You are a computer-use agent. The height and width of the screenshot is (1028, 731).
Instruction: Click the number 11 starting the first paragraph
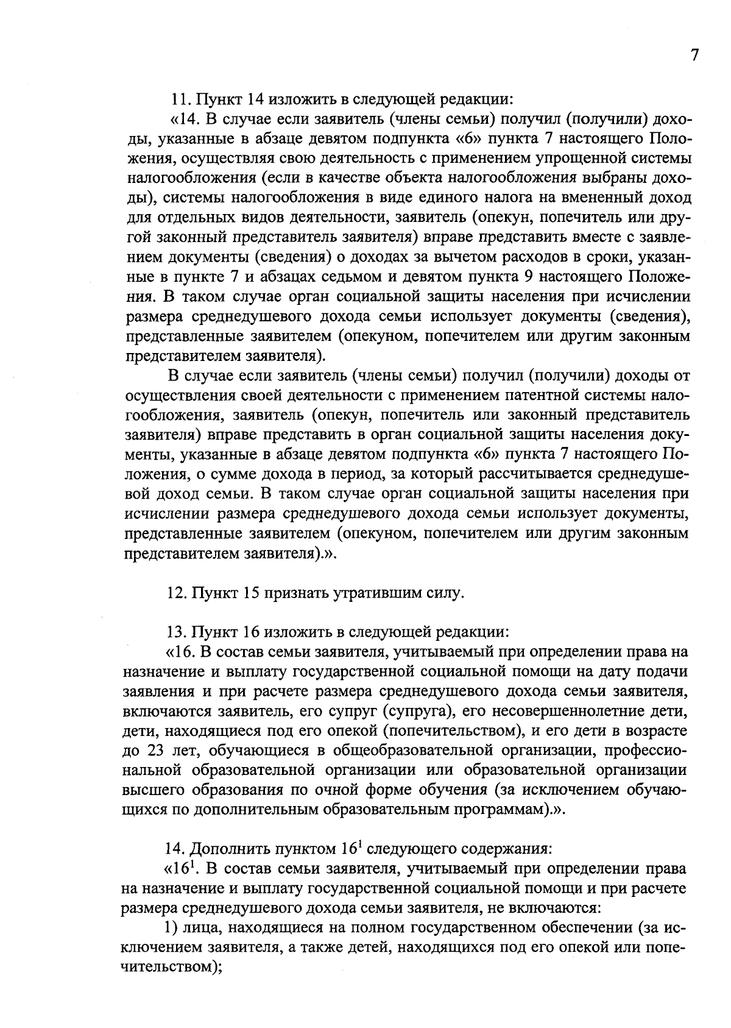(x=178, y=98)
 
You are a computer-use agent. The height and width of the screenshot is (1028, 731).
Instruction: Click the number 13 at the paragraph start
(x=174, y=632)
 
